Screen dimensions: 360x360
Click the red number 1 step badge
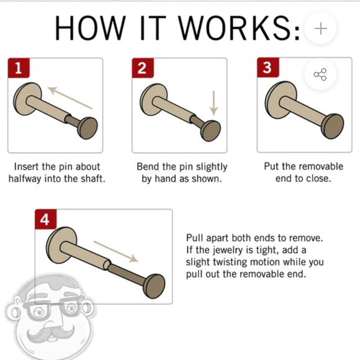point(19,68)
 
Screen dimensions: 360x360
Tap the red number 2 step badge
point(143,68)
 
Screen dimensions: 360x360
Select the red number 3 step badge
point(268,68)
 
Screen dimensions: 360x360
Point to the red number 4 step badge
point(45,219)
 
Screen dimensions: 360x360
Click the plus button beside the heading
point(320,29)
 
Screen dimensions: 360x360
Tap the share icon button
point(320,74)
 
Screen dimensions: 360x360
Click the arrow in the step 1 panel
point(70,97)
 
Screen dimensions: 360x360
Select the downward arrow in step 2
point(214,103)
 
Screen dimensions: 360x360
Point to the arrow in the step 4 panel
point(115,251)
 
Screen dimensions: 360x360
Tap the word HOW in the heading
point(90,29)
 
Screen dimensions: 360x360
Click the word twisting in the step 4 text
point(230,262)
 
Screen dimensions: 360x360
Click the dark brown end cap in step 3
point(333,126)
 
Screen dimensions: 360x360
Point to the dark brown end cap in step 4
point(154,286)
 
